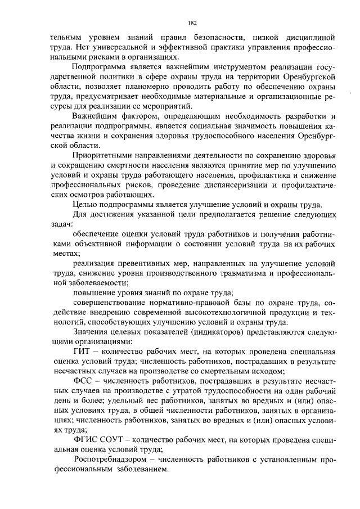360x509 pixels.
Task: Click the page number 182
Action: click(x=191, y=23)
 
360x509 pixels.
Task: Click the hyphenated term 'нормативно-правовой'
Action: click(x=179, y=302)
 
